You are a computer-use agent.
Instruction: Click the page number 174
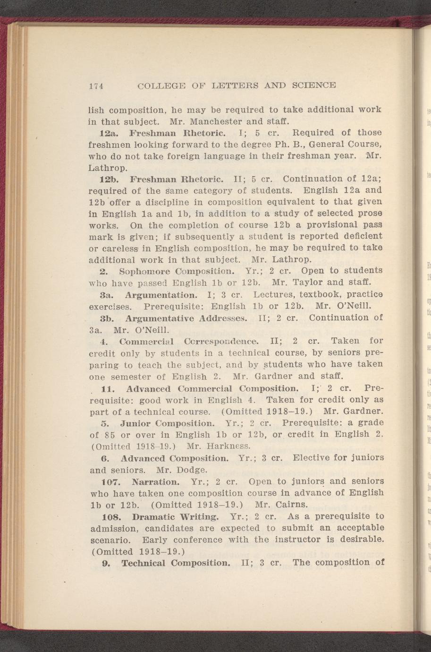(x=96, y=86)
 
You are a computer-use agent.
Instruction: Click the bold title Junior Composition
(x=168, y=422)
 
